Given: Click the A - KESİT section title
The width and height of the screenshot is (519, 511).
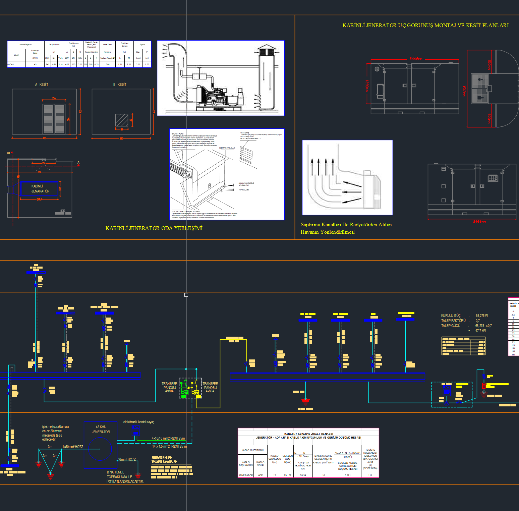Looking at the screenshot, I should pyautogui.click(x=42, y=84).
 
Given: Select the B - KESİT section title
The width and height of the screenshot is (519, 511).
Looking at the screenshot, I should pyautogui.click(x=120, y=84).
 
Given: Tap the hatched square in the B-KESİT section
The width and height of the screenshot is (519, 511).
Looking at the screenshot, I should pyautogui.click(x=122, y=120).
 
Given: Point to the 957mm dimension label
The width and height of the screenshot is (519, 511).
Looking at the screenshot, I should pyautogui.click(x=464, y=91).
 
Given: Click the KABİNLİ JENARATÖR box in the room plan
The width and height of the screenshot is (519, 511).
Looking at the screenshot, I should pyautogui.click(x=39, y=189).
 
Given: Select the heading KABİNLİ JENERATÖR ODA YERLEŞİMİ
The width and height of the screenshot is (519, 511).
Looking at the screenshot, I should pyautogui.click(x=154, y=228).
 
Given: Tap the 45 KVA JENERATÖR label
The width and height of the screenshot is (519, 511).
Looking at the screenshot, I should pyautogui.click(x=101, y=430).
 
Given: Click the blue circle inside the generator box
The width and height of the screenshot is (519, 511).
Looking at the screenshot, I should pyautogui.click(x=100, y=449).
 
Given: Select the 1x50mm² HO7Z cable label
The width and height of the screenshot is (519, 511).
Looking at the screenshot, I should pyautogui.click(x=72, y=447).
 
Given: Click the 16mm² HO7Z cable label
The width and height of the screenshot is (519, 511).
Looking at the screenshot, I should pyautogui.click(x=127, y=459).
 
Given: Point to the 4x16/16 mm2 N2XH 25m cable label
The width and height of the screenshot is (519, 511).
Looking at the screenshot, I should pyautogui.click(x=168, y=438).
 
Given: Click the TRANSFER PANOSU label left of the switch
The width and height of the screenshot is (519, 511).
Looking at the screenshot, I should pyautogui.click(x=169, y=387).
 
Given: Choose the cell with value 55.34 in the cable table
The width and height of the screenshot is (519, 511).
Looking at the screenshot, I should pyautogui.click(x=303, y=475).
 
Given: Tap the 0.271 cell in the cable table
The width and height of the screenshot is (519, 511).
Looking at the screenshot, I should pyautogui.click(x=348, y=475).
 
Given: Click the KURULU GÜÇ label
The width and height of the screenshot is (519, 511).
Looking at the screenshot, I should pyautogui.click(x=451, y=316).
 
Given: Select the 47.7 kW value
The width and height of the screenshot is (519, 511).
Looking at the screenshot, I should pyautogui.click(x=480, y=331).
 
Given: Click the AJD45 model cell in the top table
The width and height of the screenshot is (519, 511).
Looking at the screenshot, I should pyautogui.click(x=11, y=64).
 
